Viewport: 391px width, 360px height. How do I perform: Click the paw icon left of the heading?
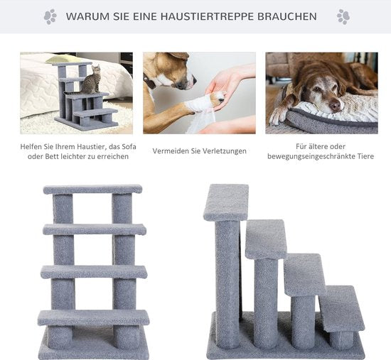click(x=50, y=16)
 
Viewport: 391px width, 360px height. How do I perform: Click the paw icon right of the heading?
click(x=343, y=16)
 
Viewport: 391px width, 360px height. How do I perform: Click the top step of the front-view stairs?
click(x=92, y=189)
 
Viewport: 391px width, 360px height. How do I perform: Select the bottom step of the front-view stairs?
click(x=93, y=317)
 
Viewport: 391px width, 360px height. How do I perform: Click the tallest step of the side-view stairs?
click(x=225, y=202)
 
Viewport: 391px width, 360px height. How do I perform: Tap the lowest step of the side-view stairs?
click(x=340, y=307)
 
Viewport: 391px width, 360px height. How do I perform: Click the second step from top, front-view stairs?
click(x=94, y=229)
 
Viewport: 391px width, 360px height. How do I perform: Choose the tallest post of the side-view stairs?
click(x=227, y=277)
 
